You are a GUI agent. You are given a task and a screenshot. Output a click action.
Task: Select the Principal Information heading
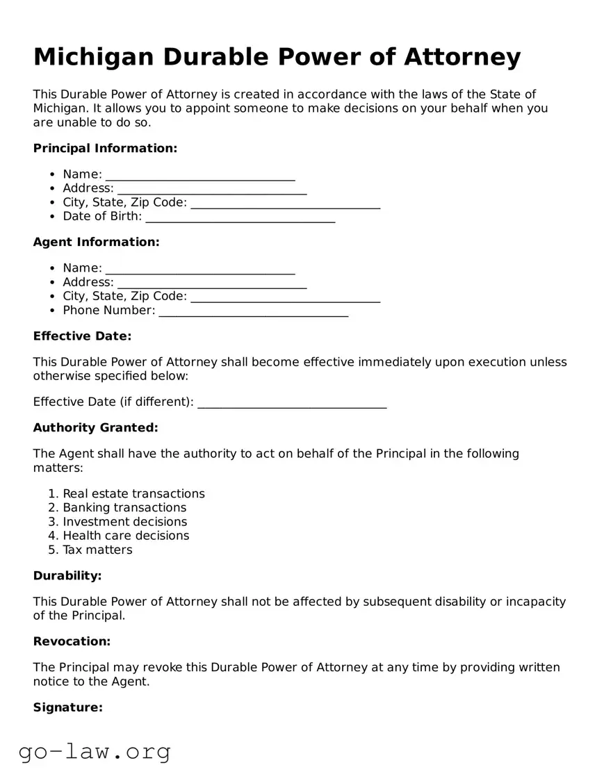point(105,148)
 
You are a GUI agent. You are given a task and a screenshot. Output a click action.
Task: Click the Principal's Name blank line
point(200,175)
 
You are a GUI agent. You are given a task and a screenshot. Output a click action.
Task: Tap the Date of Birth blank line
point(240,217)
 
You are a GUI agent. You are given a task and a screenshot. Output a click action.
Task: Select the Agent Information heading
point(96,242)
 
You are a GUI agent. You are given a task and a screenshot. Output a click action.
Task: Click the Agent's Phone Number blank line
point(253,311)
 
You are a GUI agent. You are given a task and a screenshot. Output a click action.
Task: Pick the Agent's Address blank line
point(212,283)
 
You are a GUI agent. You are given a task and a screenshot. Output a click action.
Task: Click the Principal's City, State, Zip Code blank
point(285,203)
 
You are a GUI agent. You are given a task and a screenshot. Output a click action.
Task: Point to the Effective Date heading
point(82,336)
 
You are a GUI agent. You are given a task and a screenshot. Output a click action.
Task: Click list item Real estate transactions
point(133,494)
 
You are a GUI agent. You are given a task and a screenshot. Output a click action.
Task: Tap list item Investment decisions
point(124,522)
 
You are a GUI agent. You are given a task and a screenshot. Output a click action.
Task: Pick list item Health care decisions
point(126,536)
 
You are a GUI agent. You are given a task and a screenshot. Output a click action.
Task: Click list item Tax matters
point(97,550)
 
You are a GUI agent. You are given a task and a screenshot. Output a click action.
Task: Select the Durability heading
point(67,576)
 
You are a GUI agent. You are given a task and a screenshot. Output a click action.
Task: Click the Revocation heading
point(72,641)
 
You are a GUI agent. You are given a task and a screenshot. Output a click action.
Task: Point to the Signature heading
point(68,707)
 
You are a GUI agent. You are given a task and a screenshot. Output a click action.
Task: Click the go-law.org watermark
point(95,752)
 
